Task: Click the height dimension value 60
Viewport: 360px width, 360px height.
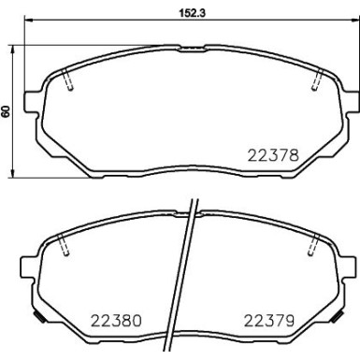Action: (7, 110)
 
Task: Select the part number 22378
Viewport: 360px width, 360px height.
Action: (272, 157)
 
